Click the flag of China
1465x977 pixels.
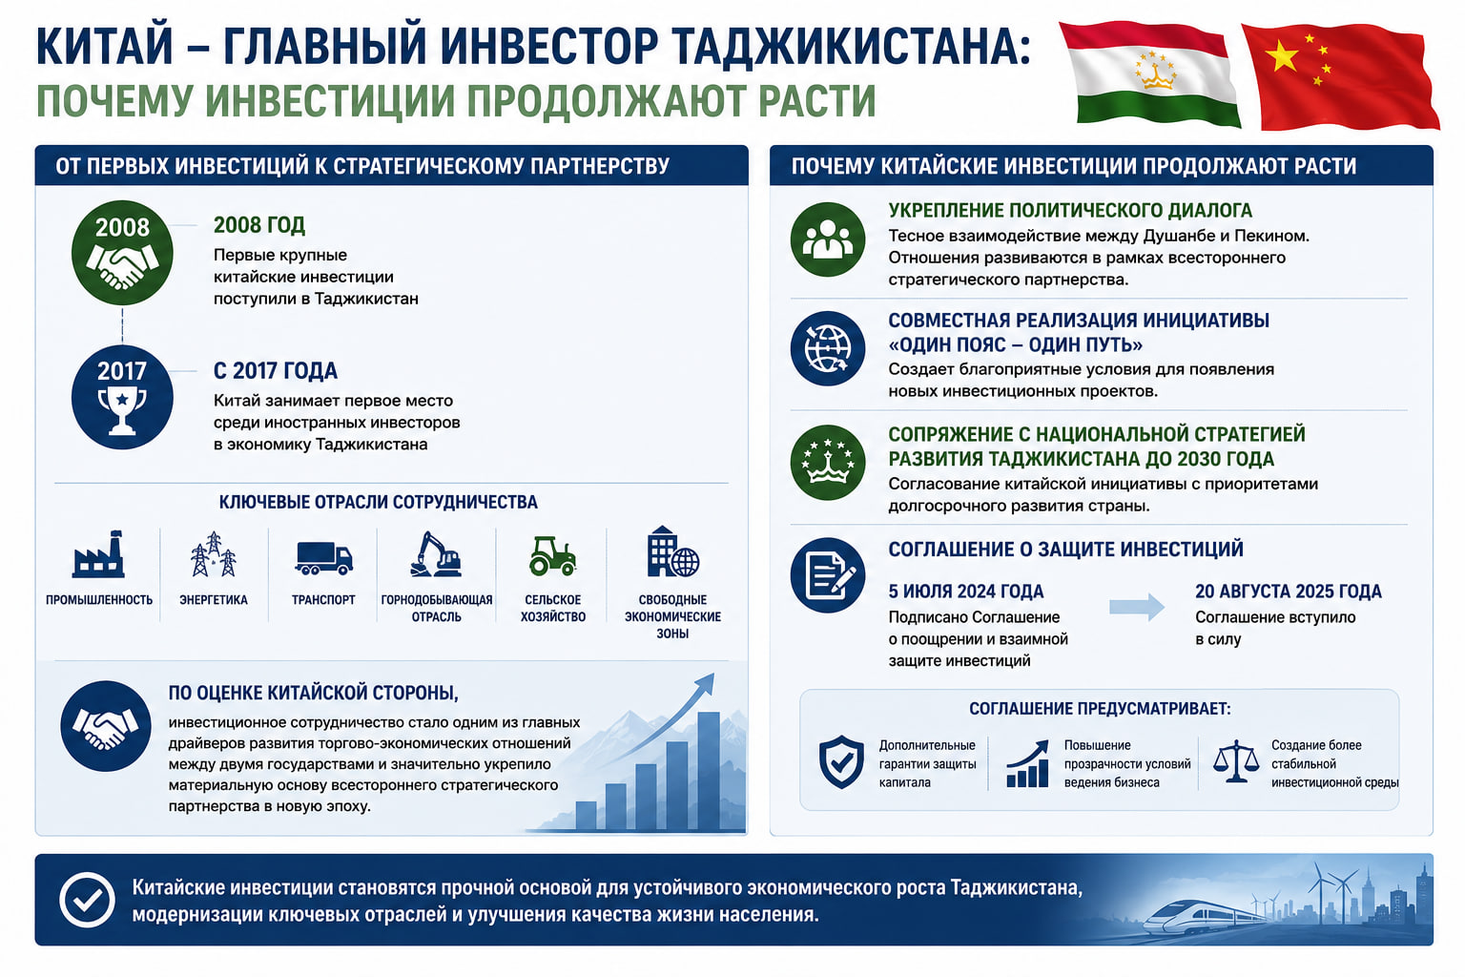(1339, 75)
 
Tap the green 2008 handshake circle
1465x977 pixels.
(122, 253)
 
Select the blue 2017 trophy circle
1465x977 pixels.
(122, 397)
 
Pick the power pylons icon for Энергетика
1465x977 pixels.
(214, 554)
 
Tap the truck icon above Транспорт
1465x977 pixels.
(323, 558)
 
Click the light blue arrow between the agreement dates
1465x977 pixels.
(1137, 607)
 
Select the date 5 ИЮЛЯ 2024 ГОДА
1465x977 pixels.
(966, 592)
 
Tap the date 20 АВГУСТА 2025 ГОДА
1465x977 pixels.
(1289, 592)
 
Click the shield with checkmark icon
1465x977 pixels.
(842, 761)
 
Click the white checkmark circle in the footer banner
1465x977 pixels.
(87, 900)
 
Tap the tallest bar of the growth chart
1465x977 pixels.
(709, 771)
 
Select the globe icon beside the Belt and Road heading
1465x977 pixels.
(827, 348)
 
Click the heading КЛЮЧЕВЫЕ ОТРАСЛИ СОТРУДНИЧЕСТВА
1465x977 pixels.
(378, 502)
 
